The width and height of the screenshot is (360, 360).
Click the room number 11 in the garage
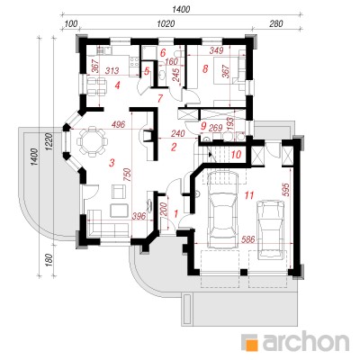249,195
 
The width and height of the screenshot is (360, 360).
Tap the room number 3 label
112,163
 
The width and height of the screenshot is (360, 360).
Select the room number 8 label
205,69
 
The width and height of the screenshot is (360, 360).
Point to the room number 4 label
117,86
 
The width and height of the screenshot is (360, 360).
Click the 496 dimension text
118,124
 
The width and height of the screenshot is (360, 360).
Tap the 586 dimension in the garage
247,239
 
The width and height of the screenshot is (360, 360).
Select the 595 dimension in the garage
285,189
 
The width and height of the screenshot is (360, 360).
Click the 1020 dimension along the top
166,23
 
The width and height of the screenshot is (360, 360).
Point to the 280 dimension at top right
276,23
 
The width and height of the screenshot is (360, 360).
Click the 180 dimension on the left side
50,260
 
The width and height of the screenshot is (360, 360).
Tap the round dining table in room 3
92,140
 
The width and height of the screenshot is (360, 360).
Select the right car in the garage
271,229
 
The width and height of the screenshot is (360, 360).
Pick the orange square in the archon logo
251,343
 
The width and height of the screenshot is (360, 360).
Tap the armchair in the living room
119,191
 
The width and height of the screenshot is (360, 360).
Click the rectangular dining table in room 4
96,85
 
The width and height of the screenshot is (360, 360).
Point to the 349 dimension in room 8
216,50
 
